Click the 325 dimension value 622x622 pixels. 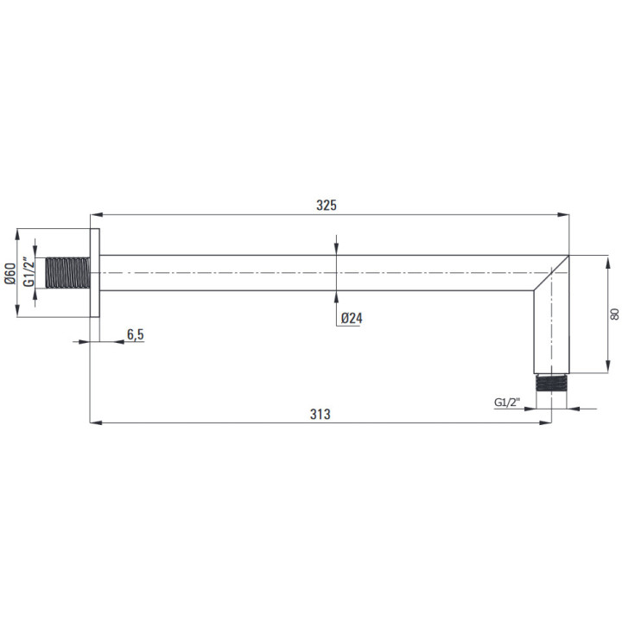(x=326, y=205)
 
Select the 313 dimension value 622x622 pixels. (x=321, y=414)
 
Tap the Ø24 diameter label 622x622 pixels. (x=352, y=318)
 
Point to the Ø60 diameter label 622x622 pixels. (x=10, y=273)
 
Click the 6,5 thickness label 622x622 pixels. (x=136, y=335)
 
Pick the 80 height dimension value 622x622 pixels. (x=614, y=314)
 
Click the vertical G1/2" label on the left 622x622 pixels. (x=29, y=272)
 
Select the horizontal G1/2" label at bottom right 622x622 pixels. (x=506, y=403)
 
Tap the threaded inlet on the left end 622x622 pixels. (x=67, y=272)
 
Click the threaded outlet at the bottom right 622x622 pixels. (x=551, y=384)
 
